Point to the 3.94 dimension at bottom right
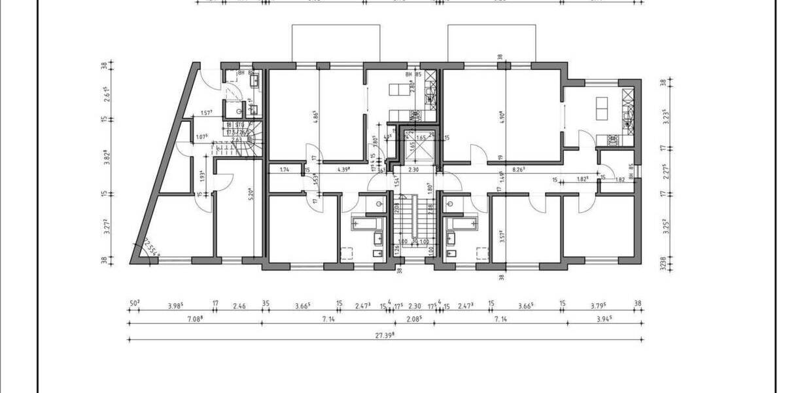[602, 318]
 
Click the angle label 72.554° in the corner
[147, 247]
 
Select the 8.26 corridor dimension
[519, 170]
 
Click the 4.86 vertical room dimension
[315, 118]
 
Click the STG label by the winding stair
[240, 124]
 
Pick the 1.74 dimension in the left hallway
[284, 170]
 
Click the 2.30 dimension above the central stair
[413, 170]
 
